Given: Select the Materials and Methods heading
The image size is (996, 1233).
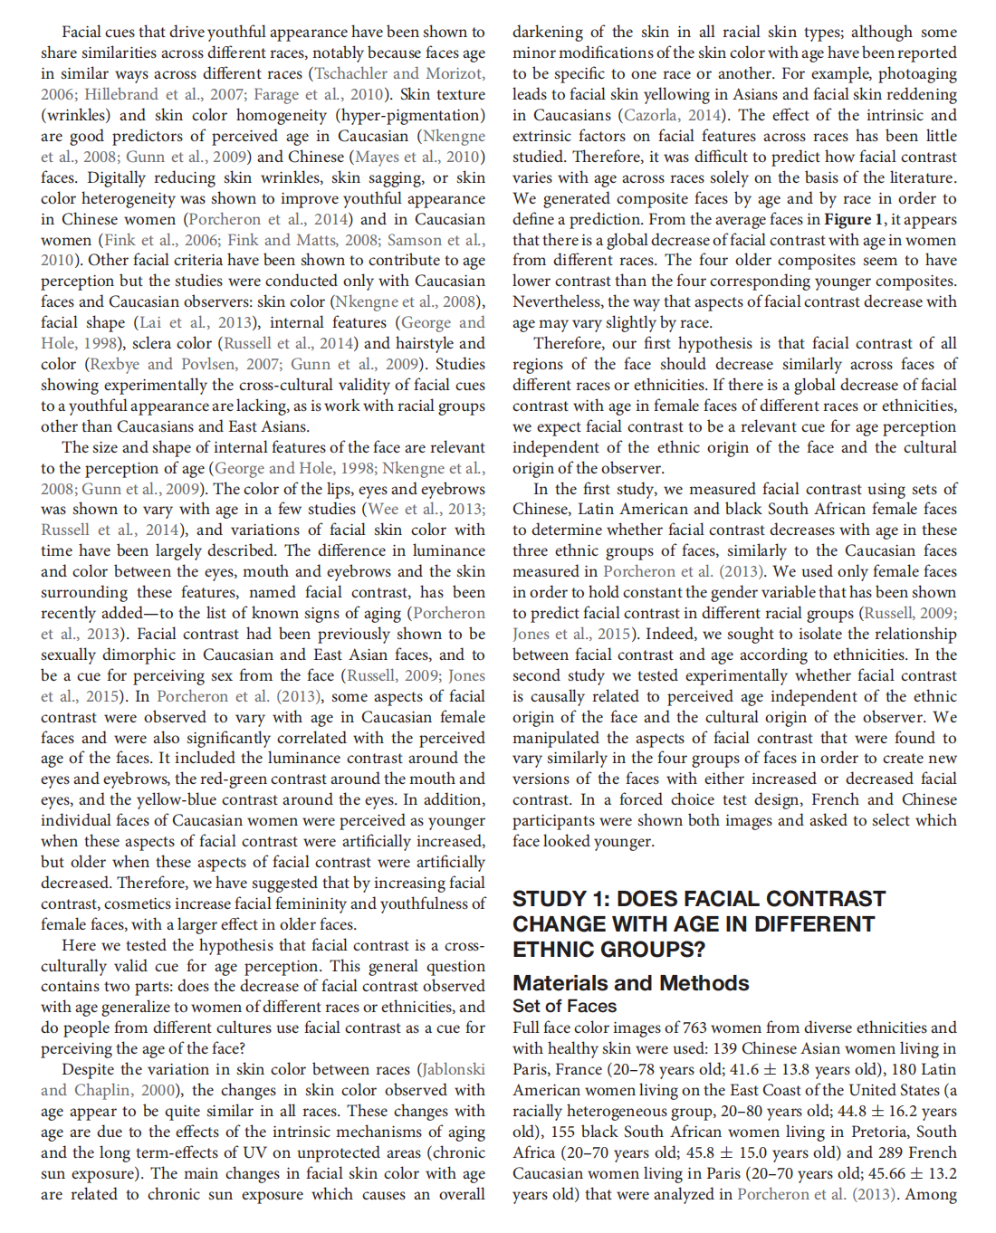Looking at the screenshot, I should click(630, 983).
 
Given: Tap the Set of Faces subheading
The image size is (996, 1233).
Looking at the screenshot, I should click(564, 1006).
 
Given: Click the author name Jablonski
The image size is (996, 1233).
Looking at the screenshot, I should click(453, 1069).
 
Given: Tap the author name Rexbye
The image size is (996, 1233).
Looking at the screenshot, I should click(115, 364).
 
